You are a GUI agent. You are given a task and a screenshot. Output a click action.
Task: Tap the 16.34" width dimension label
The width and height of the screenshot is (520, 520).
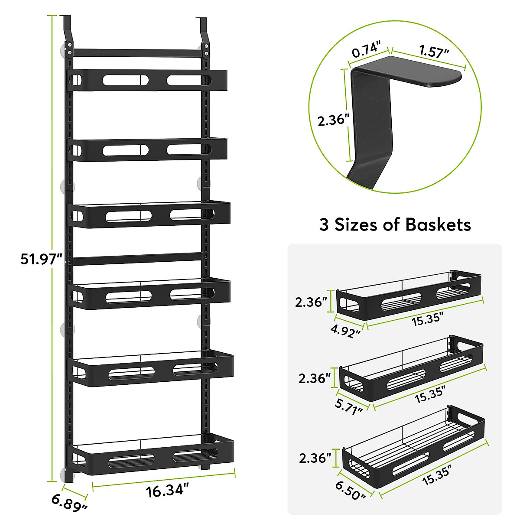pyautogui.click(x=167, y=492)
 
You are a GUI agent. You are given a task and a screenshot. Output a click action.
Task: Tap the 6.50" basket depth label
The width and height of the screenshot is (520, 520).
pyautogui.click(x=351, y=491)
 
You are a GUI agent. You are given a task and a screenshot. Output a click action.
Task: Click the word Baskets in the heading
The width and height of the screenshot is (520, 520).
pyautogui.click(x=438, y=224)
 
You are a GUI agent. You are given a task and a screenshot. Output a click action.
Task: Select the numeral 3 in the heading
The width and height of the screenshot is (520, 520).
pyautogui.click(x=324, y=225)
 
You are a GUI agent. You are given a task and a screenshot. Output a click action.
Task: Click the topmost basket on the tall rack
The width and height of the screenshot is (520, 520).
pyautogui.click(x=148, y=80)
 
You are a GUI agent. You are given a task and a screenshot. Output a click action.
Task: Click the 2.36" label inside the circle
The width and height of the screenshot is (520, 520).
pyautogui.click(x=333, y=121)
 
